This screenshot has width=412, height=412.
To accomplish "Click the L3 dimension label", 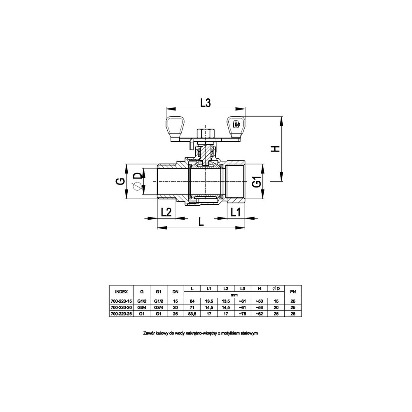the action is coord(206,103).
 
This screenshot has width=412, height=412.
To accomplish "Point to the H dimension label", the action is coord(275,149).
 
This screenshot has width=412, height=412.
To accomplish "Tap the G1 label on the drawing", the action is coord(257,182).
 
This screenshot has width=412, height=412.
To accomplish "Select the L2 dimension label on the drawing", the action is coord(166,212).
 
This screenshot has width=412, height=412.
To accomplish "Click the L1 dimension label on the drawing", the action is coord(235,212).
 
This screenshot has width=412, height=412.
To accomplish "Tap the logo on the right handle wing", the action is coord(236,124).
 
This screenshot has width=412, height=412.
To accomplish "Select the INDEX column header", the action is coord(122,292).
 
